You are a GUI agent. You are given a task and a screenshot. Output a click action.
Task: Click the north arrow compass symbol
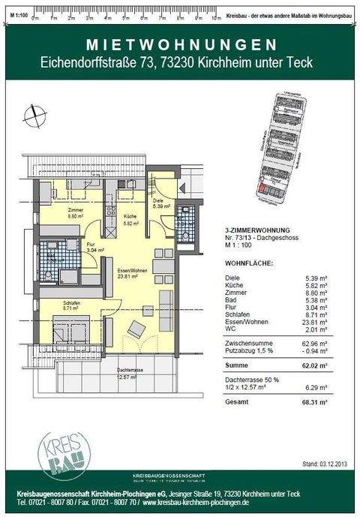[34, 117]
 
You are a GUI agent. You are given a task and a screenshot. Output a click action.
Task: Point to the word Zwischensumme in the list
[250, 344]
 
